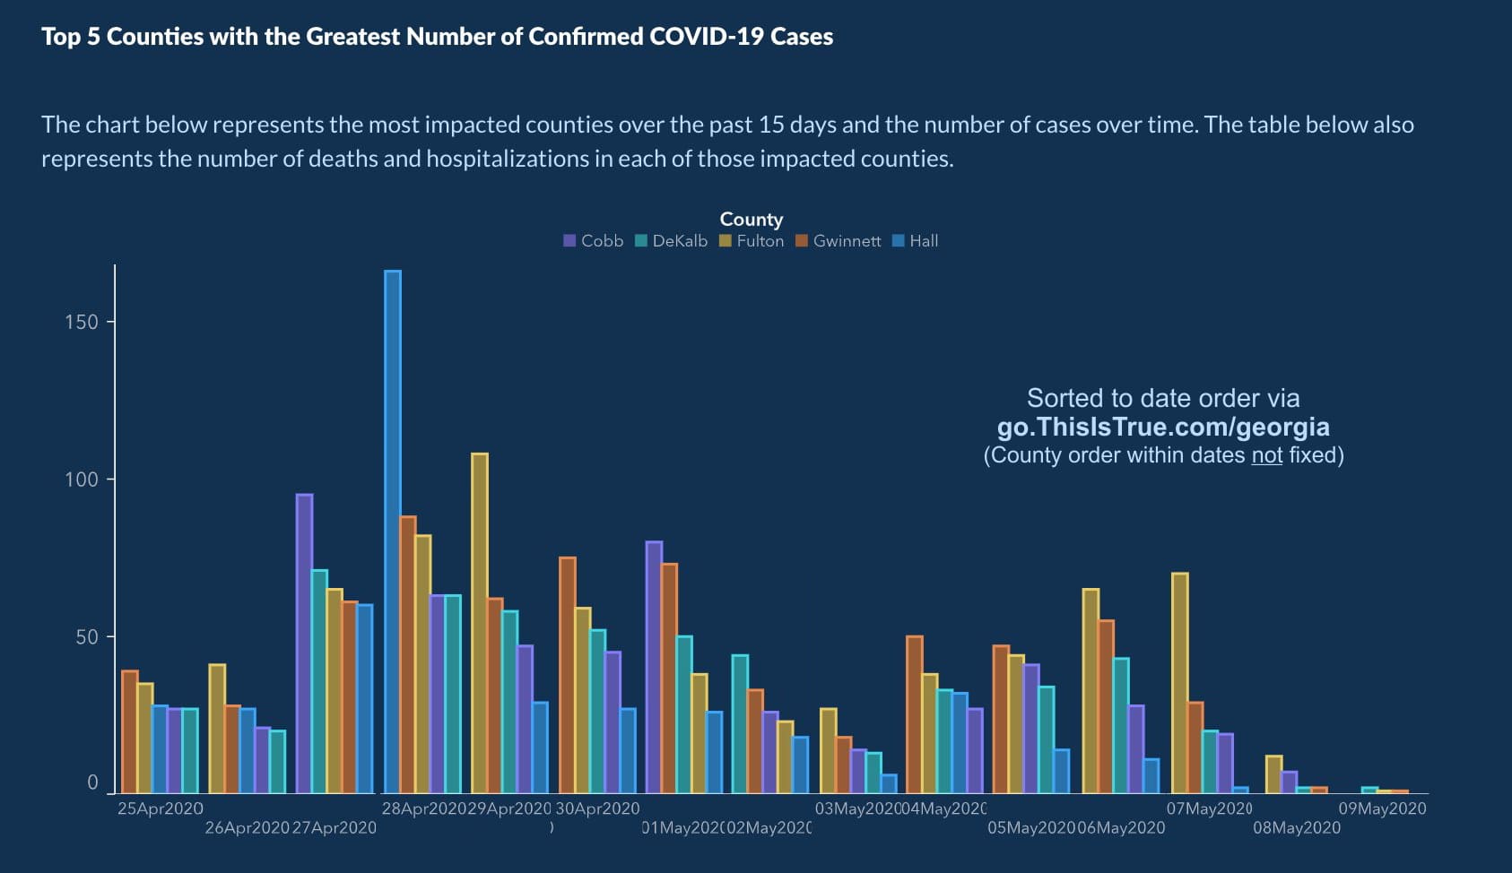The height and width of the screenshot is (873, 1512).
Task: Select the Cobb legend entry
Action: point(593,241)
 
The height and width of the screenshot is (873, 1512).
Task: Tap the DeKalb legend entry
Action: point(671,241)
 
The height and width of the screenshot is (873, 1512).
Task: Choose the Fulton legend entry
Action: point(752,241)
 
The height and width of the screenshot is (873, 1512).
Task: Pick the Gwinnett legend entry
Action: point(838,241)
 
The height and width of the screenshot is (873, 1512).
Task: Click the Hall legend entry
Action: point(916,241)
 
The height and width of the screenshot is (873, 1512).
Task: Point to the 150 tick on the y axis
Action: point(82,322)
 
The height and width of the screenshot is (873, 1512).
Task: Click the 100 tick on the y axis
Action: point(82,480)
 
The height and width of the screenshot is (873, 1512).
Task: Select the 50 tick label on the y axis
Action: point(82,637)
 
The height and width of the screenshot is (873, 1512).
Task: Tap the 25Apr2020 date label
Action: point(161,808)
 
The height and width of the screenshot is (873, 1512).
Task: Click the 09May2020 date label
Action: point(1382,808)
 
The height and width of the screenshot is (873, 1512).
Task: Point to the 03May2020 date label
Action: point(857,808)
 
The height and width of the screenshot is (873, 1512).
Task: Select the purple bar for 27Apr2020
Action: point(304,644)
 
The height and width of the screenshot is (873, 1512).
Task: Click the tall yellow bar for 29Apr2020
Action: point(480,623)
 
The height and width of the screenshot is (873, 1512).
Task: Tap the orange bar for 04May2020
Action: point(915,714)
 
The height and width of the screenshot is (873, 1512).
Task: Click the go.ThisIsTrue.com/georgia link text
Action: point(1163,427)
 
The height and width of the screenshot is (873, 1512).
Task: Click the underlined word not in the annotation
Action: point(1266,455)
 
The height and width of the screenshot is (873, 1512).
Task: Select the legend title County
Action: point(752,220)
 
